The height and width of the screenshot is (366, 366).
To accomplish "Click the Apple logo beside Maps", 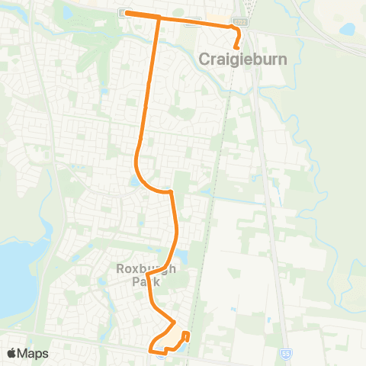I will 12,353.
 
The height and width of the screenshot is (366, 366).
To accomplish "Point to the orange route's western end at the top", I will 126,13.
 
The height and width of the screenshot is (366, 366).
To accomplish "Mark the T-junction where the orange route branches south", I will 159,16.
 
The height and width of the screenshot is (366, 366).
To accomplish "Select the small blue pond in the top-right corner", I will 348,29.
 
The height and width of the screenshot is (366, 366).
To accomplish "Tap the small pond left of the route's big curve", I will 134,181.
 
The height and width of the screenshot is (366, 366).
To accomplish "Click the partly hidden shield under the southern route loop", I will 161,352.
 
